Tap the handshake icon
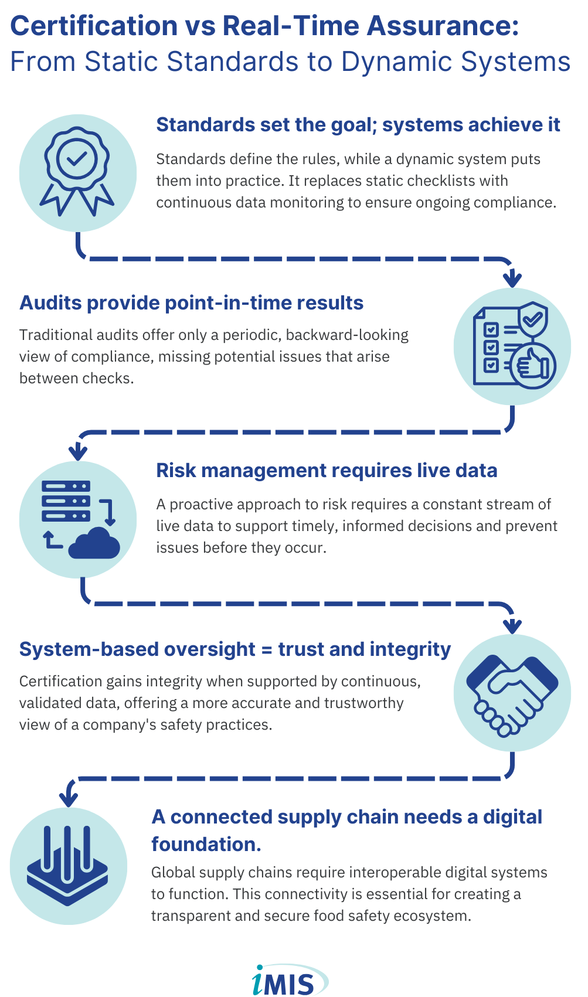click(512, 693)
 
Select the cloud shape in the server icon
click(94, 545)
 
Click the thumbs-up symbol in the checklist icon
click(533, 366)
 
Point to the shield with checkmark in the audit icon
click(533, 320)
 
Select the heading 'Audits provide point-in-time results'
click(192, 303)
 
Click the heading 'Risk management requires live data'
click(327, 471)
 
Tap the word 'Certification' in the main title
click(94, 26)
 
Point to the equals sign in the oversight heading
click(267, 649)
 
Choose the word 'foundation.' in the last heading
click(206, 844)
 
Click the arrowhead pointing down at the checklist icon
click(512, 278)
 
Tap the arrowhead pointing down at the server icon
click(78, 452)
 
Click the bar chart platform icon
click(68, 866)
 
